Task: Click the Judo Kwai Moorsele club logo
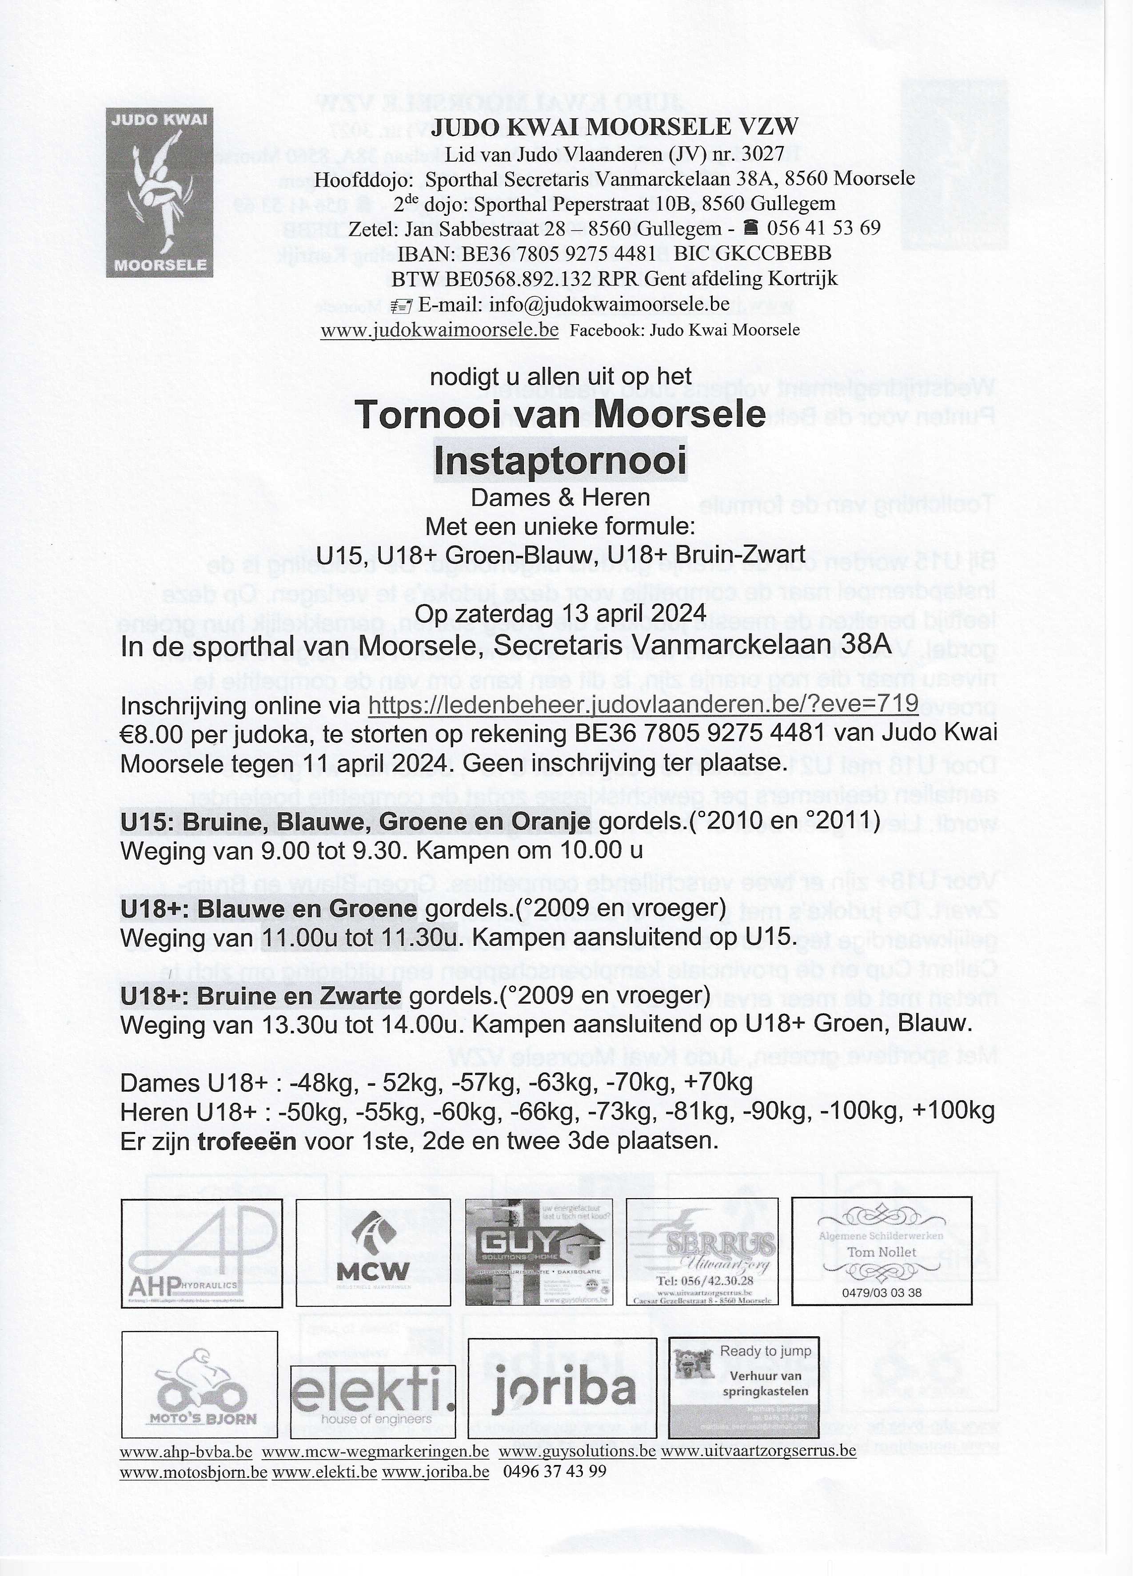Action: point(159,192)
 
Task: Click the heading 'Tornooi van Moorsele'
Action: point(560,414)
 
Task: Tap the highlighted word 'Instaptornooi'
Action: point(560,460)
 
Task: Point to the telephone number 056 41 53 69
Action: point(824,228)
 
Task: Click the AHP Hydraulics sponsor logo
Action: point(202,1252)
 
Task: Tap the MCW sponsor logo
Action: point(373,1252)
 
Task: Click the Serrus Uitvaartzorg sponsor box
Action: point(702,1252)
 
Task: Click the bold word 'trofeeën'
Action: point(247,1141)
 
